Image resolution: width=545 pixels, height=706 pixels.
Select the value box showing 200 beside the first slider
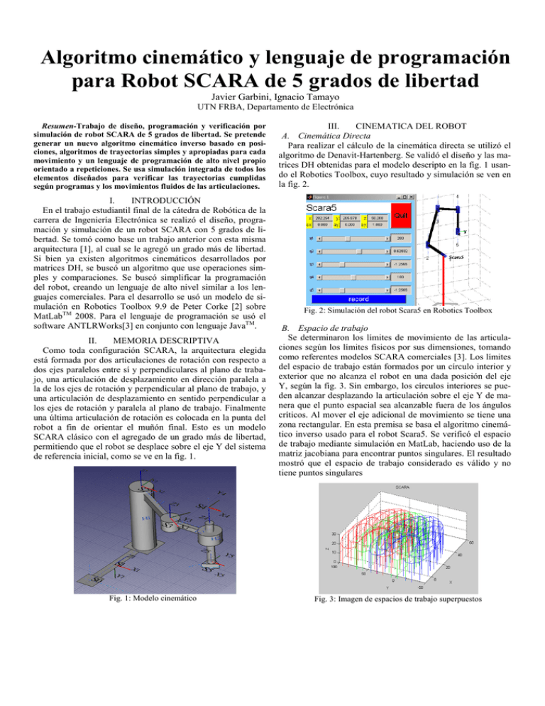[398, 238]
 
